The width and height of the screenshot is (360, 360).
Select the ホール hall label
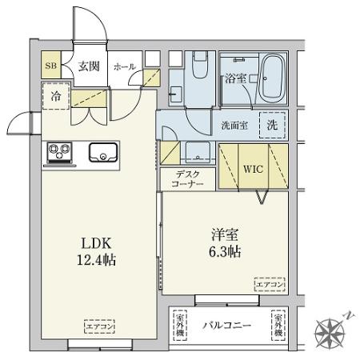point(125,68)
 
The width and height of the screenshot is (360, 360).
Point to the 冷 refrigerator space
point(56,95)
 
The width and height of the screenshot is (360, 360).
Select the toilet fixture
point(200,68)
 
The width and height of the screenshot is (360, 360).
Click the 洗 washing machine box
point(272,125)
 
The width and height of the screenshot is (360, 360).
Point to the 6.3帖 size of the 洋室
point(226,251)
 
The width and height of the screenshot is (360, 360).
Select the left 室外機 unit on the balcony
point(181,325)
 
